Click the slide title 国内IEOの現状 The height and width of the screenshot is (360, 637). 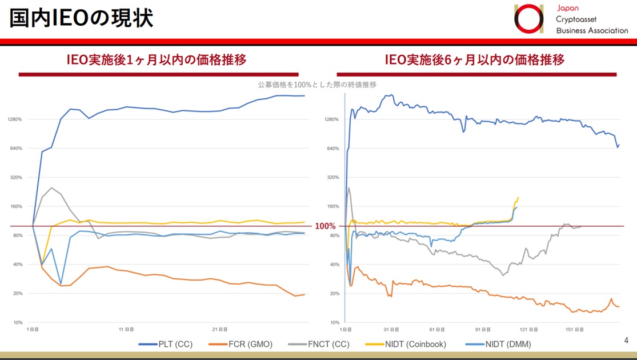[81, 18]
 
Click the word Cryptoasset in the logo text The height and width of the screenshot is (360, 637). [578, 19]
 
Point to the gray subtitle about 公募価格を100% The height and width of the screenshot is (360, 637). [317, 85]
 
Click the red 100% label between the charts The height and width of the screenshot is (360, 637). [325, 226]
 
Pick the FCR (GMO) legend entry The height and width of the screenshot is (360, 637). [250, 344]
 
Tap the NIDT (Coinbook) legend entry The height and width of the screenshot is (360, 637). [414, 344]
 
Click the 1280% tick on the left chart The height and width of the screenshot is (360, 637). [15, 119]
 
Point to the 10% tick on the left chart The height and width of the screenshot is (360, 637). [17, 323]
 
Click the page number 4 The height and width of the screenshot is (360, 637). [626, 341]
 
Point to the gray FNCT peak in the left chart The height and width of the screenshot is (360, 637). [51, 187]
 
